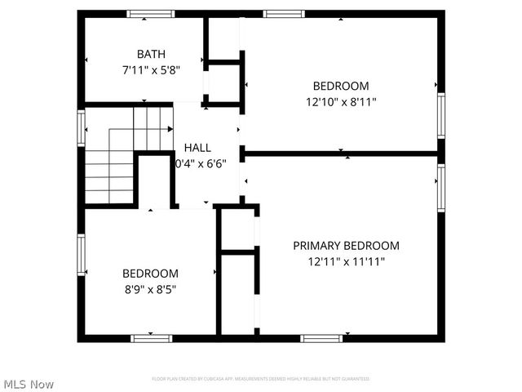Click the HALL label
pyautogui.click(x=197, y=148)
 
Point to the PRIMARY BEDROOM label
pyautogui.click(x=347, y=246)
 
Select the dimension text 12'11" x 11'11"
pyautogui.click(x=347, y=262)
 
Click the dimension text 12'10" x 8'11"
pyautogui.click(x=341, y=102)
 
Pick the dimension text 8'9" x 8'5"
pyautogui.click(x=150, y=288)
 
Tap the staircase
pyautogui.click(x=122, y=155)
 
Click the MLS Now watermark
pyautogui.click(x=29, y=384)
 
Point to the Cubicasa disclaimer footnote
pyautogui.click(x=261, y=379)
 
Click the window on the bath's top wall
pyautogui.click(x=151, y=14)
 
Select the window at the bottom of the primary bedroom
pyautogui.click(x=321, y=337)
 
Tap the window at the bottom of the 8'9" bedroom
pyautogui.click(x=153, y=337)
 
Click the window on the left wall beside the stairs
pyautogui.click(x=82, y=128)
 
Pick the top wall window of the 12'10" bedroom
pyautogui.click(x=282, y=14)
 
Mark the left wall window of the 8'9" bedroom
pyautogui.click(x=82, y=256)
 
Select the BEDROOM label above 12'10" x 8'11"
pyautogui.click(x=341, y=86)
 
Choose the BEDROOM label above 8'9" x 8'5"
pyautogui.click(x=150, y=274)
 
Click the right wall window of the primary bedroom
pyautogui.click(x=441, y=189)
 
